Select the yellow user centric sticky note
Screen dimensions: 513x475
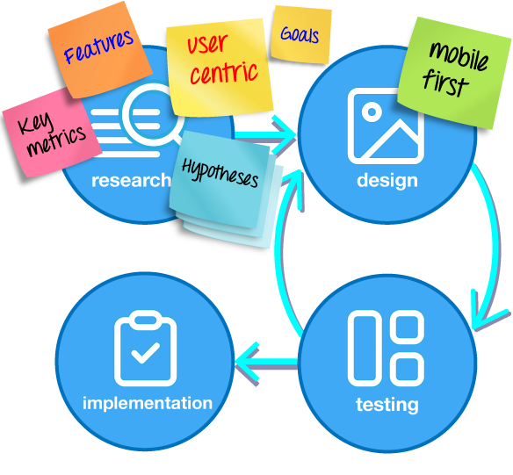pyautogui.click(x=220, y=67)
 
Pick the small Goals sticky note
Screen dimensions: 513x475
pyautogui.click(x=300, y=34)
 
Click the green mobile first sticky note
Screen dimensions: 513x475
pyautogui.click(x=455, y=73)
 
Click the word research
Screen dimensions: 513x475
pyautogui.click(x=131, y=180)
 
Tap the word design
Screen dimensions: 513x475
pyautogui.click(x=387, y=181)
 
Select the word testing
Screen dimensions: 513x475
pyautogui.click(x=387, y=405)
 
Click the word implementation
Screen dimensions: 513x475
pyautogui.click(x=148, y=403)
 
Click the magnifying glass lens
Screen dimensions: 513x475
pyautogui.click(x=151, y=114)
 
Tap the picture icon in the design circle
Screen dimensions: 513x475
pyautogui.click(x=386, y=126)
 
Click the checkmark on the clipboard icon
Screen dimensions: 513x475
pyautogui.click(x=145, y=353)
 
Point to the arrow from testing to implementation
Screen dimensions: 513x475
pyautogui.click(x=267, y=362)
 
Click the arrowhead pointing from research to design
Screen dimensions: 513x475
pyautogui.click(x=284, y=134)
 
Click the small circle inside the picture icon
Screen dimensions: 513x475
pyautogui.click(x=372, y=112)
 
